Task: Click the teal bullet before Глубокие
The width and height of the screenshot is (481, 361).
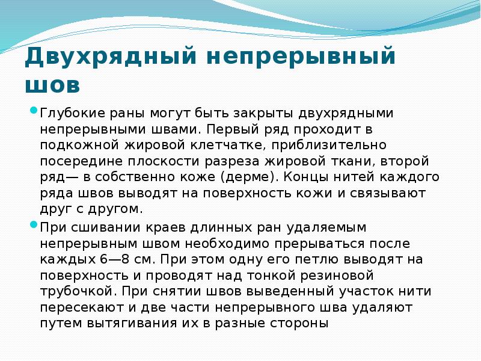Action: tap(34, 110)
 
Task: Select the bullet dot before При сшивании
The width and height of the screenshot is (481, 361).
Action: tap(34, 226)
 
